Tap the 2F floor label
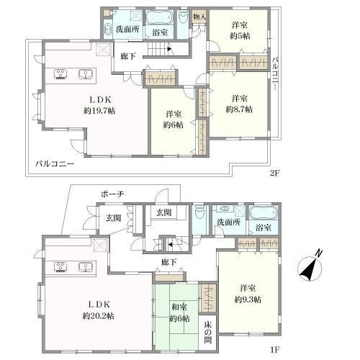point(275,173)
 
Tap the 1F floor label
point(275,350)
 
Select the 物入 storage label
point(199,17)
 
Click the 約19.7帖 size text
point(99,111)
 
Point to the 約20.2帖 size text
point(99,316)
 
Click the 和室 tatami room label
point(179,307)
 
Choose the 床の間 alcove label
point(208,333)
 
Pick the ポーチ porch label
point(112,194)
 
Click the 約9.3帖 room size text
point(248,300)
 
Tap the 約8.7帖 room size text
point(239,109)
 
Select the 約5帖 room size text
point(240,36)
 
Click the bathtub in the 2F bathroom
point(159,17)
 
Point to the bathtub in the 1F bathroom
point(264,213)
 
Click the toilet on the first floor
point(199,212)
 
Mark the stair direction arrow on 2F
point(169,49)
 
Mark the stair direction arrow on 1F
point(170,245)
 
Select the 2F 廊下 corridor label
point(128,56)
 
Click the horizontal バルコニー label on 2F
point(55,164)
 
